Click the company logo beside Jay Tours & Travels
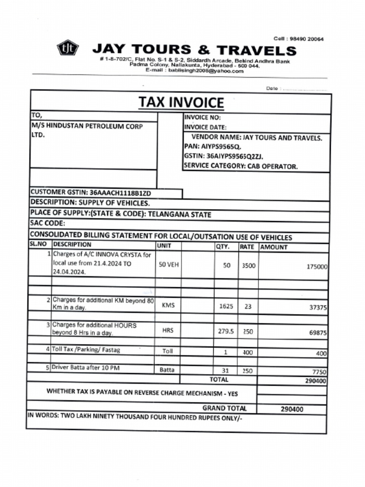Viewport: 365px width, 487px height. (67, 48)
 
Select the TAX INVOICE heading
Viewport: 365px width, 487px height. (181, 102)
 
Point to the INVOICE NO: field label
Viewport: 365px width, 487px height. (202, 117)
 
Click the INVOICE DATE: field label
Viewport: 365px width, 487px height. (205, 127)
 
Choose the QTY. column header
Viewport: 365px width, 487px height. (223, 247)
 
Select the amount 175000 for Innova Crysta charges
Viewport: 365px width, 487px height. (317, 267)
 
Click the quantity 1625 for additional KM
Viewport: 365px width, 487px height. (226, 306)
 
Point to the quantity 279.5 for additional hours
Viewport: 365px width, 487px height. (226, 331)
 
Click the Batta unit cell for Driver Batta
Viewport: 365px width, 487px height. (167, 370)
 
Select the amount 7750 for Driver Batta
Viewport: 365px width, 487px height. (319, 372)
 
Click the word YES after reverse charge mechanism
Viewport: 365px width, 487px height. (232, 393)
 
